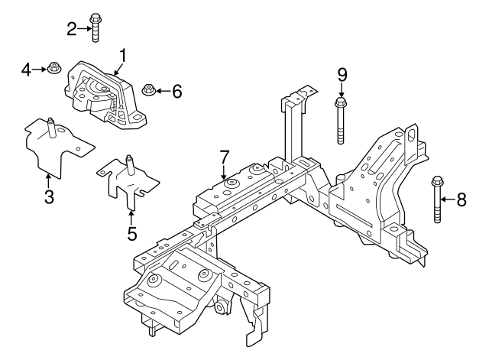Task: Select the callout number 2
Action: (x=72, y=30)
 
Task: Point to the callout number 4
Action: (x=26, y=70)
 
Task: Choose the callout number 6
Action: (x=176, y=92)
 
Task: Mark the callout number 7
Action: (x=224, y=156)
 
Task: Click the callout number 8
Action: (x=461, y=201)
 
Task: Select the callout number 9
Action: (x=342, y=74)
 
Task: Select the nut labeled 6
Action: (x=150, y=92)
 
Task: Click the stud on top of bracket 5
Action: (x=129, y=163)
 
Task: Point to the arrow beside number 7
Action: (x=224, y=174)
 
